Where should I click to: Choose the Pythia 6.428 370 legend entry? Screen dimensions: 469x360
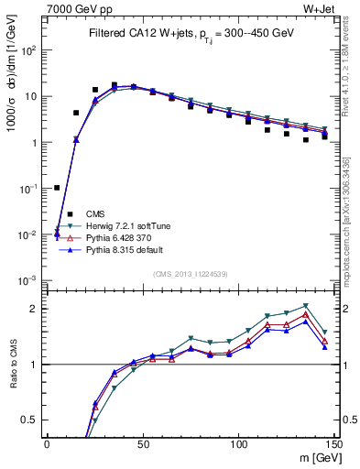(118, 237)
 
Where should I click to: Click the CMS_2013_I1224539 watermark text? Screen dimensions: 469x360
(191, 273)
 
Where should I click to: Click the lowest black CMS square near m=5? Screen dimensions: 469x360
(57, 188)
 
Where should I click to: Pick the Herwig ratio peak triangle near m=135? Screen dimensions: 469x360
(305, 306)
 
